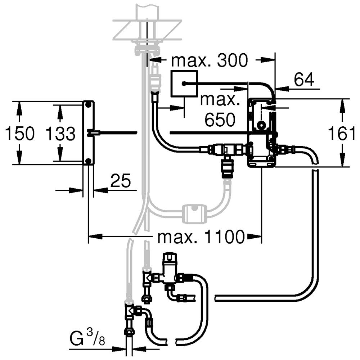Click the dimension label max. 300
(210, 60)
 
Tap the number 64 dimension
(304, 79)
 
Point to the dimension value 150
(20, 134)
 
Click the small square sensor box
(184, 84)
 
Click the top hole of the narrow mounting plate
(88, 105)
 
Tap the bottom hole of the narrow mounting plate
(88, 161)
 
